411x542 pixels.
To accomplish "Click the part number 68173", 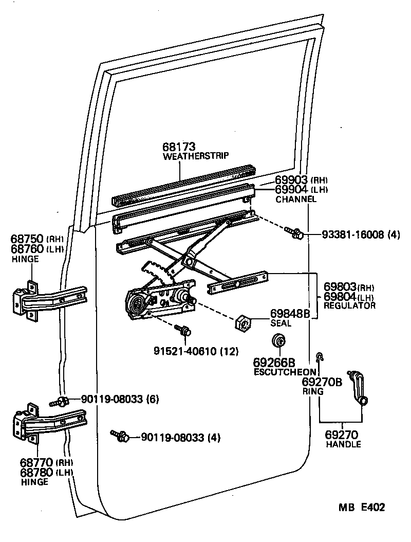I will pos(180,147).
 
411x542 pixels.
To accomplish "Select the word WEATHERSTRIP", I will pos(195,156).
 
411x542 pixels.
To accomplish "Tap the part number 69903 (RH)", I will pos(301,180).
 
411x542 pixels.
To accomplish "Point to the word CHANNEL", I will pos(296,199).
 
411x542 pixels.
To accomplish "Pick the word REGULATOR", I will pos(349,305).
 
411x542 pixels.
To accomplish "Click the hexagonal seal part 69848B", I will pos(242,323).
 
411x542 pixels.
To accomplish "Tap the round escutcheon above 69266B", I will pos(279,341).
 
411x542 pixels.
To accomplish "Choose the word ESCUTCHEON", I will pos(284,372).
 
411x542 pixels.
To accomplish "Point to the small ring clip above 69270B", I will pos(320,356).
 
